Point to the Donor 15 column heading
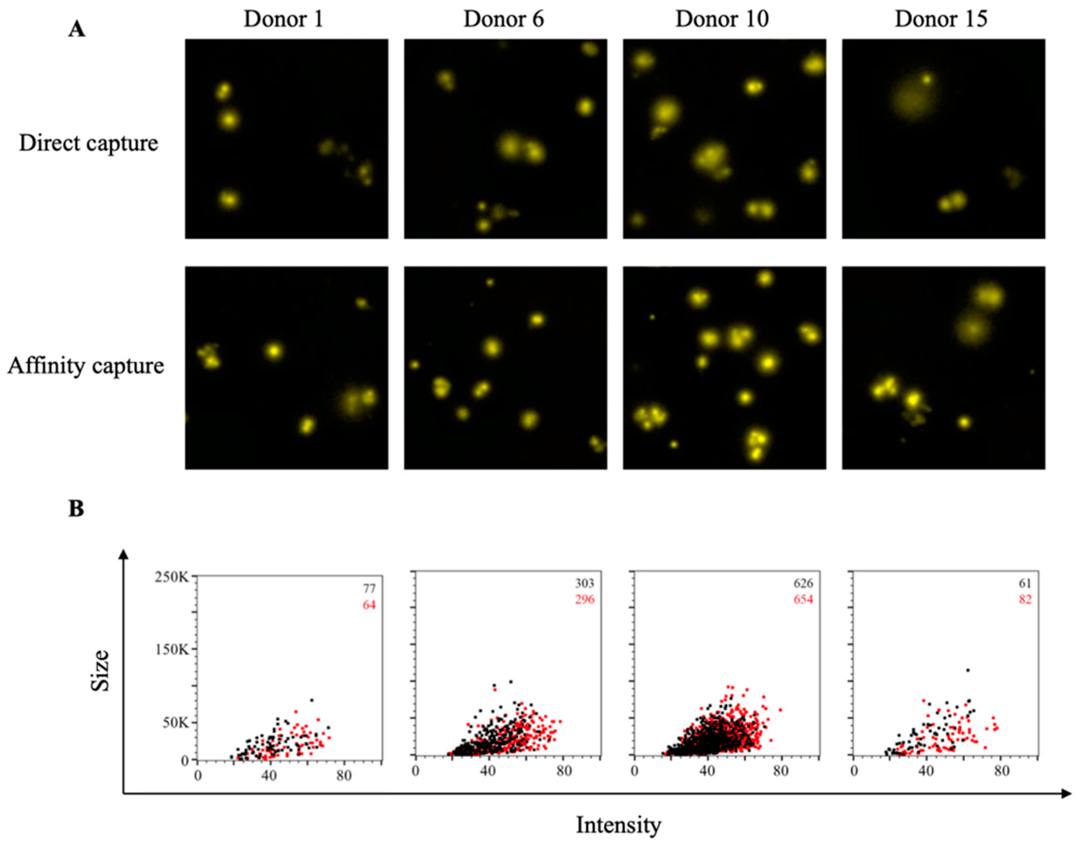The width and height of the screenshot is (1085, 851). pyautogui.click(x=941, y=19)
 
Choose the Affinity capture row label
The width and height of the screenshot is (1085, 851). pyautogui.click(x=85, y=366)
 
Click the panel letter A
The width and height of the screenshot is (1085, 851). pyautogui.click(x=76, y=30)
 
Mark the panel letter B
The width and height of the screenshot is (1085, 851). pyautogui.click(x=76, y=509)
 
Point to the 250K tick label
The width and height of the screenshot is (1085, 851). pyautogui.click(x=171, y=578)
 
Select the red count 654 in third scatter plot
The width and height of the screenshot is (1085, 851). pyautogui.click(x=803, y=599)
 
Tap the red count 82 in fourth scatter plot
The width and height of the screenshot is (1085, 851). pyautogui.click(x=1025, y=599)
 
